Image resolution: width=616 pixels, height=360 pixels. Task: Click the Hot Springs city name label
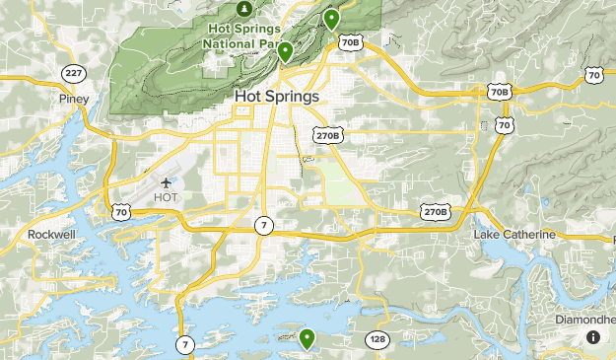[277, 97]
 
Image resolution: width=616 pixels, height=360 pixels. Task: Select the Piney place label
[74, 99]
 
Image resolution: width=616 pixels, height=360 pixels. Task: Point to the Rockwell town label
[51, 235]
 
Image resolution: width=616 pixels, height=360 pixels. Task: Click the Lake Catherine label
[513, 235]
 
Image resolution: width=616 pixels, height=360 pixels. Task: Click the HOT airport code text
[166, 198]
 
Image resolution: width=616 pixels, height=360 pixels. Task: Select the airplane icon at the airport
[166, 182]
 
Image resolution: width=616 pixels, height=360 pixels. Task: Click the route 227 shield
[73, 74]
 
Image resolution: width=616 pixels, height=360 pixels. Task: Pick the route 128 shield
[379, 340]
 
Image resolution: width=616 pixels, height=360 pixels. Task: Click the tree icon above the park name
[242, 9]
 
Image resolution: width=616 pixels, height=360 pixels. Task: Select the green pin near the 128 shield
[308, 338]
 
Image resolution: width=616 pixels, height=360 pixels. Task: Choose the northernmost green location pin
[332, 18]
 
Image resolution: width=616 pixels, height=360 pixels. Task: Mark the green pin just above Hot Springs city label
[285, 51]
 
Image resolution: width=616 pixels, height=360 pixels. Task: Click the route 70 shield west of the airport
[120, 212]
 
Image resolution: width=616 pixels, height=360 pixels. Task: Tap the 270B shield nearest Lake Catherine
[436, 212]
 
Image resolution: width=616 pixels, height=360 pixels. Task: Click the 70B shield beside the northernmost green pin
[350, 42]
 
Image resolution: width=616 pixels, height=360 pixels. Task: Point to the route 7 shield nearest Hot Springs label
[263, 226]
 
